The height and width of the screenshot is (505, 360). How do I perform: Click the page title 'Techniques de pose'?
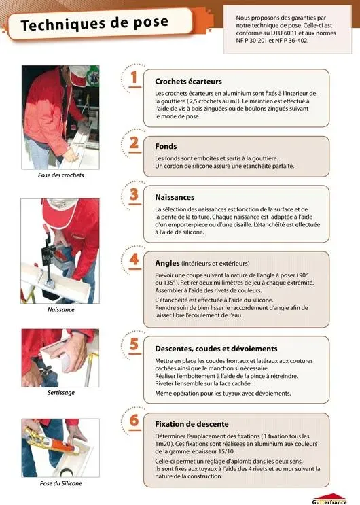[94, 24]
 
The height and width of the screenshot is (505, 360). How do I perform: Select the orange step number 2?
[134, 143]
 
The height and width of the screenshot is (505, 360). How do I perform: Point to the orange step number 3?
[134, 195]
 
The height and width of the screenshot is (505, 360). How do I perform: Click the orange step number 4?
[134, 260]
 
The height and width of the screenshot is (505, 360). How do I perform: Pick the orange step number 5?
[134, 345]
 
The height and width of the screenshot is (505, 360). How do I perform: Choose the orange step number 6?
[134, 421]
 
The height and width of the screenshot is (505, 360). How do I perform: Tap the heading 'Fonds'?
[166, 146]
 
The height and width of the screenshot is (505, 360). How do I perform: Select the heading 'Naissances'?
[175, 198]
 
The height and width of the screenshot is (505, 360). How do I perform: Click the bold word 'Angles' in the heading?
[167, 262]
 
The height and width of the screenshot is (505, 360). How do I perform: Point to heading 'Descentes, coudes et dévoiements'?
[216, 349]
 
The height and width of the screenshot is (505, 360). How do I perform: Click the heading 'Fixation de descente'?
[192, 423]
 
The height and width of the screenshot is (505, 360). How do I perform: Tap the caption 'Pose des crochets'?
[60, 175]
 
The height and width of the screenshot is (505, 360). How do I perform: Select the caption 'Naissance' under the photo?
[60, 309]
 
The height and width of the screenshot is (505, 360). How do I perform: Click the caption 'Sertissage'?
[60, 393]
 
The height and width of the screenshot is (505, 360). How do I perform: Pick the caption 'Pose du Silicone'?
[60, 483]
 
